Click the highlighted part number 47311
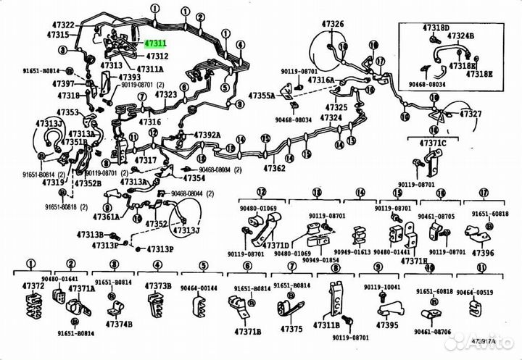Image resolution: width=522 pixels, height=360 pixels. [x=156, y=44]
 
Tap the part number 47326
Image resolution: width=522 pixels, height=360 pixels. [x=333, y=25]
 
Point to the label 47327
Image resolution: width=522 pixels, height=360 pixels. [x=471, y=114]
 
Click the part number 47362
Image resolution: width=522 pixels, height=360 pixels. [x=274, y=168]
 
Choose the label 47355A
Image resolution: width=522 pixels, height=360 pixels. [x=262, y=96]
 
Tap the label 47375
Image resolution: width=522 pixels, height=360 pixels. [x=291, y=330]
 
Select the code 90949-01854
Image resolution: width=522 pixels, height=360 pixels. [x=320, y=259]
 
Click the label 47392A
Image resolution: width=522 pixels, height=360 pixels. [x=207, y=135]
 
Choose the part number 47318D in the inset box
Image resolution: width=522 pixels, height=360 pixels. [x=436, y=27]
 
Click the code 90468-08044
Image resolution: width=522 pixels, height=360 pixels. [x=188, y=194]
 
